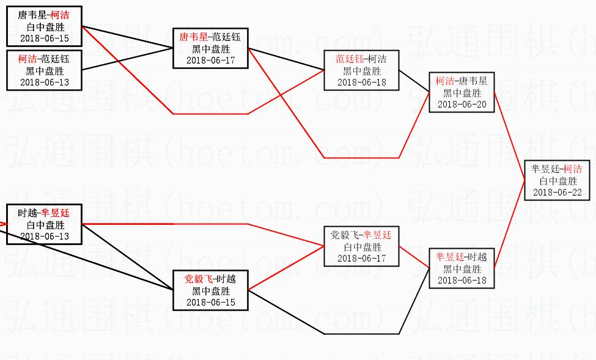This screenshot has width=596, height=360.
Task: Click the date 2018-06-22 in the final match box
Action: point(557,193)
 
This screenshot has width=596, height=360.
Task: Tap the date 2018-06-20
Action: point(462,105)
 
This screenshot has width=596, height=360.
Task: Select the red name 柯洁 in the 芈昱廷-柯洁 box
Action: point(573,169)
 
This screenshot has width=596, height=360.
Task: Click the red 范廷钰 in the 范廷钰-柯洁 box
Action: point(349,59)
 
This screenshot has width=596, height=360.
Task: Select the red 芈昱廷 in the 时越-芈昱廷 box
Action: point(56,213)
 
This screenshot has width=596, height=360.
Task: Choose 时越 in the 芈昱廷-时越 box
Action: point(478,257)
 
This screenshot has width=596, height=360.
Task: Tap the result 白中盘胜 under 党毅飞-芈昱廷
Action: point(362,248)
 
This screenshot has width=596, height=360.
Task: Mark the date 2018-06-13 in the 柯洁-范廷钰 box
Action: point(45,83)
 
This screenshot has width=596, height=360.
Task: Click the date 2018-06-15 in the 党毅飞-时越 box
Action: point(210,303)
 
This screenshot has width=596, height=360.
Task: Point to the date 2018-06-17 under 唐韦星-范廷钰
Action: point(210,61)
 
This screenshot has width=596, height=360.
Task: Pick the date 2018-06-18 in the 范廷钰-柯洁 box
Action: point(362,83)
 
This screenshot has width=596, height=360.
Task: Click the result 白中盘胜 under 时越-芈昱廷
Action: point(45,225)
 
